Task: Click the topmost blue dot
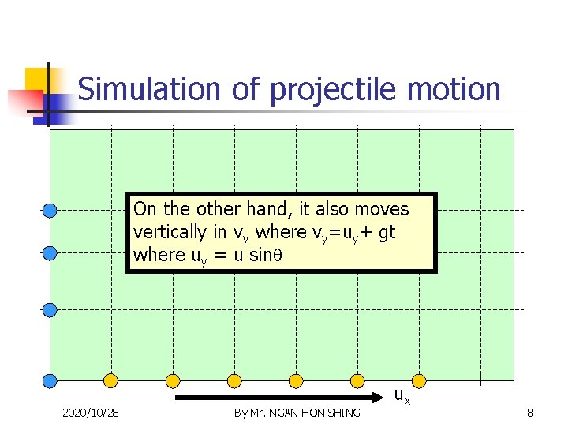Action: click(x=49, y=210)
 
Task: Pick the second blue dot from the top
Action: click(x=49, y=253)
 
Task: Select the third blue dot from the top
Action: click(x=49, y=309)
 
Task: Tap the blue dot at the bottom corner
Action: click(x=49, y=381)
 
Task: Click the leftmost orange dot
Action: click(x=110, y=381)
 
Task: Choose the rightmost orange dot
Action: click(x=419, y=381)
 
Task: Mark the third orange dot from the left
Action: click(x=234, y=381)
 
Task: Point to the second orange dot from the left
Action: click(x=172, y=381)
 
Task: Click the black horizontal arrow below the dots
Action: click(x=276, y=398)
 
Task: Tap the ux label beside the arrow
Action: click(x=402, y=395)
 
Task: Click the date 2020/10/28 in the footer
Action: click(x=91, y=413)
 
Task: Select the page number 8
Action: click(x=530, y=413)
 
